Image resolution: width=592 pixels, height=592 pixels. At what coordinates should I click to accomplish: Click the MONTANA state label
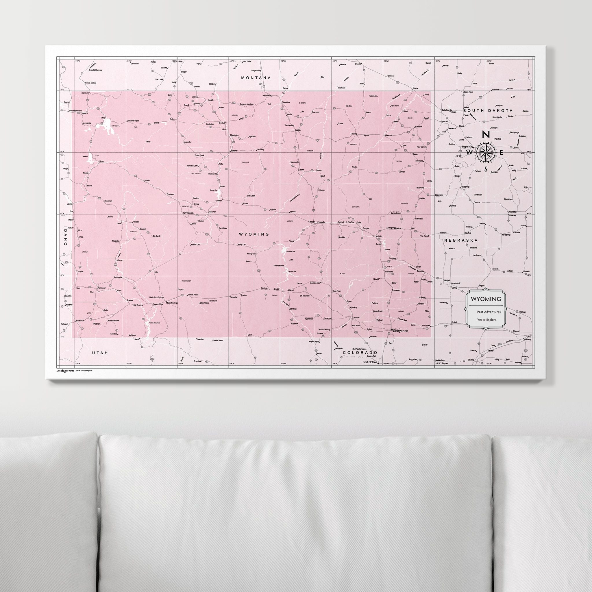(x=256, y=78)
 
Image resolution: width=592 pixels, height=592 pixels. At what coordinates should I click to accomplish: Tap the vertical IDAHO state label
(x=65, y=236)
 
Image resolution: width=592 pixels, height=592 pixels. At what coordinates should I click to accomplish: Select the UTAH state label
(x=100, y=353)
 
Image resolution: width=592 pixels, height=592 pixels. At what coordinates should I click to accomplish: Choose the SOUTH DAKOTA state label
(x=488, y=110)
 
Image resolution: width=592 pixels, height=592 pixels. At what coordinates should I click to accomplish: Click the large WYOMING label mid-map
(x=254, y=234)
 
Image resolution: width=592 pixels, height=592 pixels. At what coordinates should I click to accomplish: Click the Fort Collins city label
(x=370, y=362)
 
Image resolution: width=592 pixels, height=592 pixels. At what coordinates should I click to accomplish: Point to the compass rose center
(x=486, y=152)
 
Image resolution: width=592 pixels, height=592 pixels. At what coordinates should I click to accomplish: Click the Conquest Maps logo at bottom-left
(x=65, y=371)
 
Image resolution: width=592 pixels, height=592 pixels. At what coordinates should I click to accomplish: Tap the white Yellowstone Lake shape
(x=105, y=126)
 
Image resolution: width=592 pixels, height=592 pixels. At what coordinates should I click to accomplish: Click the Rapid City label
(x=469, y=147)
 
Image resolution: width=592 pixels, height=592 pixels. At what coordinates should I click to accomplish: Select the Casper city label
(x=311, y=221)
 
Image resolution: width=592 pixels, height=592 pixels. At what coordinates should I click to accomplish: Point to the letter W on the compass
(x=469, y=152)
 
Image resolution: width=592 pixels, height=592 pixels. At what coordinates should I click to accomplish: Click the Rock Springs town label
(x=172, y=303)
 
